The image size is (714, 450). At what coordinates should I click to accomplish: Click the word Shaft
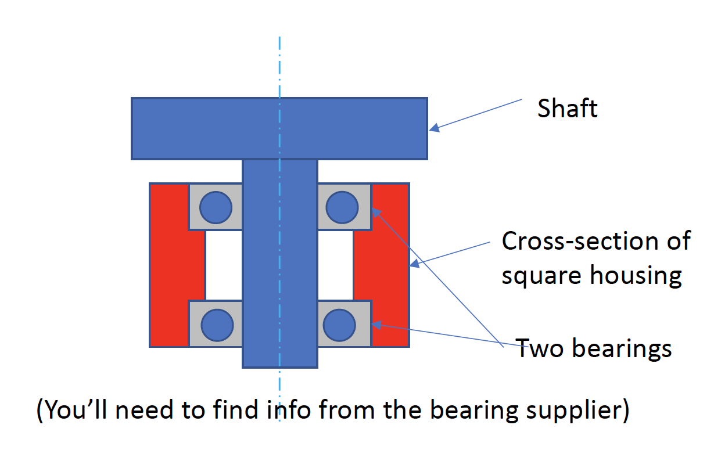567,109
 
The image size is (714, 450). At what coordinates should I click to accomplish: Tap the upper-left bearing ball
216,207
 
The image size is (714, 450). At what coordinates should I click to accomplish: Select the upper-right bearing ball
342,207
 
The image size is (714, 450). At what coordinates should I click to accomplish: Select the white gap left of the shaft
224,265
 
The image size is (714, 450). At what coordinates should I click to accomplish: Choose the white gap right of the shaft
335,265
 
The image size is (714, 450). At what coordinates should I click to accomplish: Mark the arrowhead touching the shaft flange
433,128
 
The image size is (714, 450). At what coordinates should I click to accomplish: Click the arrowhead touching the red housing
414,265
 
